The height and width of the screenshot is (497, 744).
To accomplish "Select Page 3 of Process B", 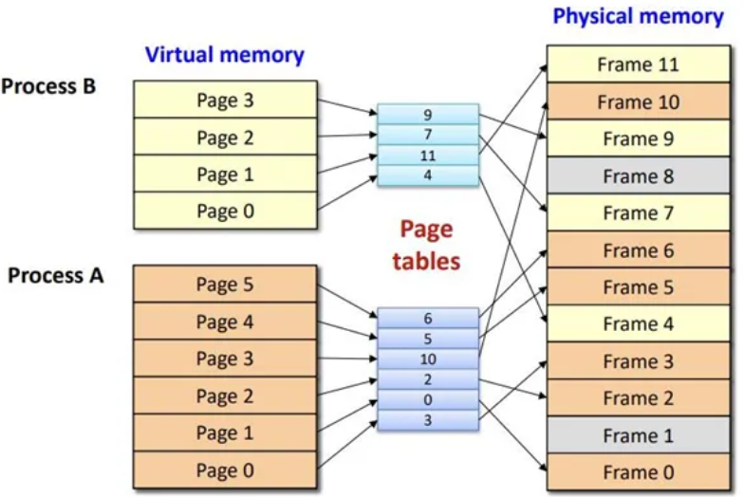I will [x=225, y=100].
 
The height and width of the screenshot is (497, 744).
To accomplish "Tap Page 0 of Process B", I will [x=225, y=211].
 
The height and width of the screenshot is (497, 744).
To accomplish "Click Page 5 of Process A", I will [x=225, y=285].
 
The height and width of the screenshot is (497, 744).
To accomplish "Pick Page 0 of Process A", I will [x=225, y=470].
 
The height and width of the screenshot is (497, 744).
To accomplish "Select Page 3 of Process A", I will [x=225, y=359].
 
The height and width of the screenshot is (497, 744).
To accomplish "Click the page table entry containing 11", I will [x=428, y=156].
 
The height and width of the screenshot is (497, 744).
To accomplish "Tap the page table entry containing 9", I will [x=428, y=115].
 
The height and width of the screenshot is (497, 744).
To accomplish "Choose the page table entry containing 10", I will [x=428, y=359].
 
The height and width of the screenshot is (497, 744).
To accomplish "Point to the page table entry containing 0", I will [x=428, y=400].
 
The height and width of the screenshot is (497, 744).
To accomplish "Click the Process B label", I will [x=48, y=86].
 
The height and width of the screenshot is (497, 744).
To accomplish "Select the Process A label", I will [x=55, y=276].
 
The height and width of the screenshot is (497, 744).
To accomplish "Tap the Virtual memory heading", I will [x=225, y=55].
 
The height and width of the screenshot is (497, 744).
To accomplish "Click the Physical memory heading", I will [x=638, y=16].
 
